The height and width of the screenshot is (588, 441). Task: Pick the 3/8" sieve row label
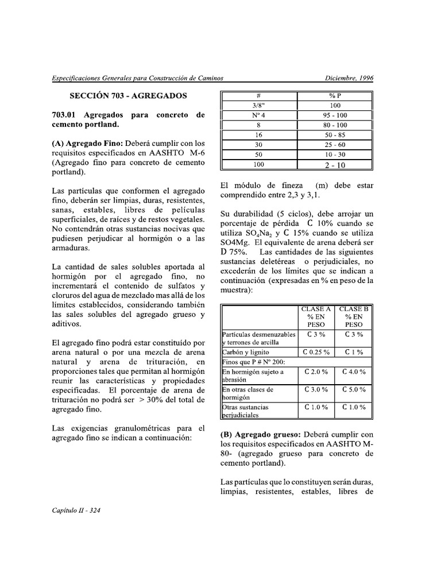coord(258,106)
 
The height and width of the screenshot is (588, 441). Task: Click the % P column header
coord(335,95)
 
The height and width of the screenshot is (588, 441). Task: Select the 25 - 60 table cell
coord(335,145)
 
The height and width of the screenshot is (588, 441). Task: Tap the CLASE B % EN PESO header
coord(354,316)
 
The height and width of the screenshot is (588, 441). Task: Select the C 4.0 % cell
coord(354,372)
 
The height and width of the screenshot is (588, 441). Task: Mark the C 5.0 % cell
coord(354,389)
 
